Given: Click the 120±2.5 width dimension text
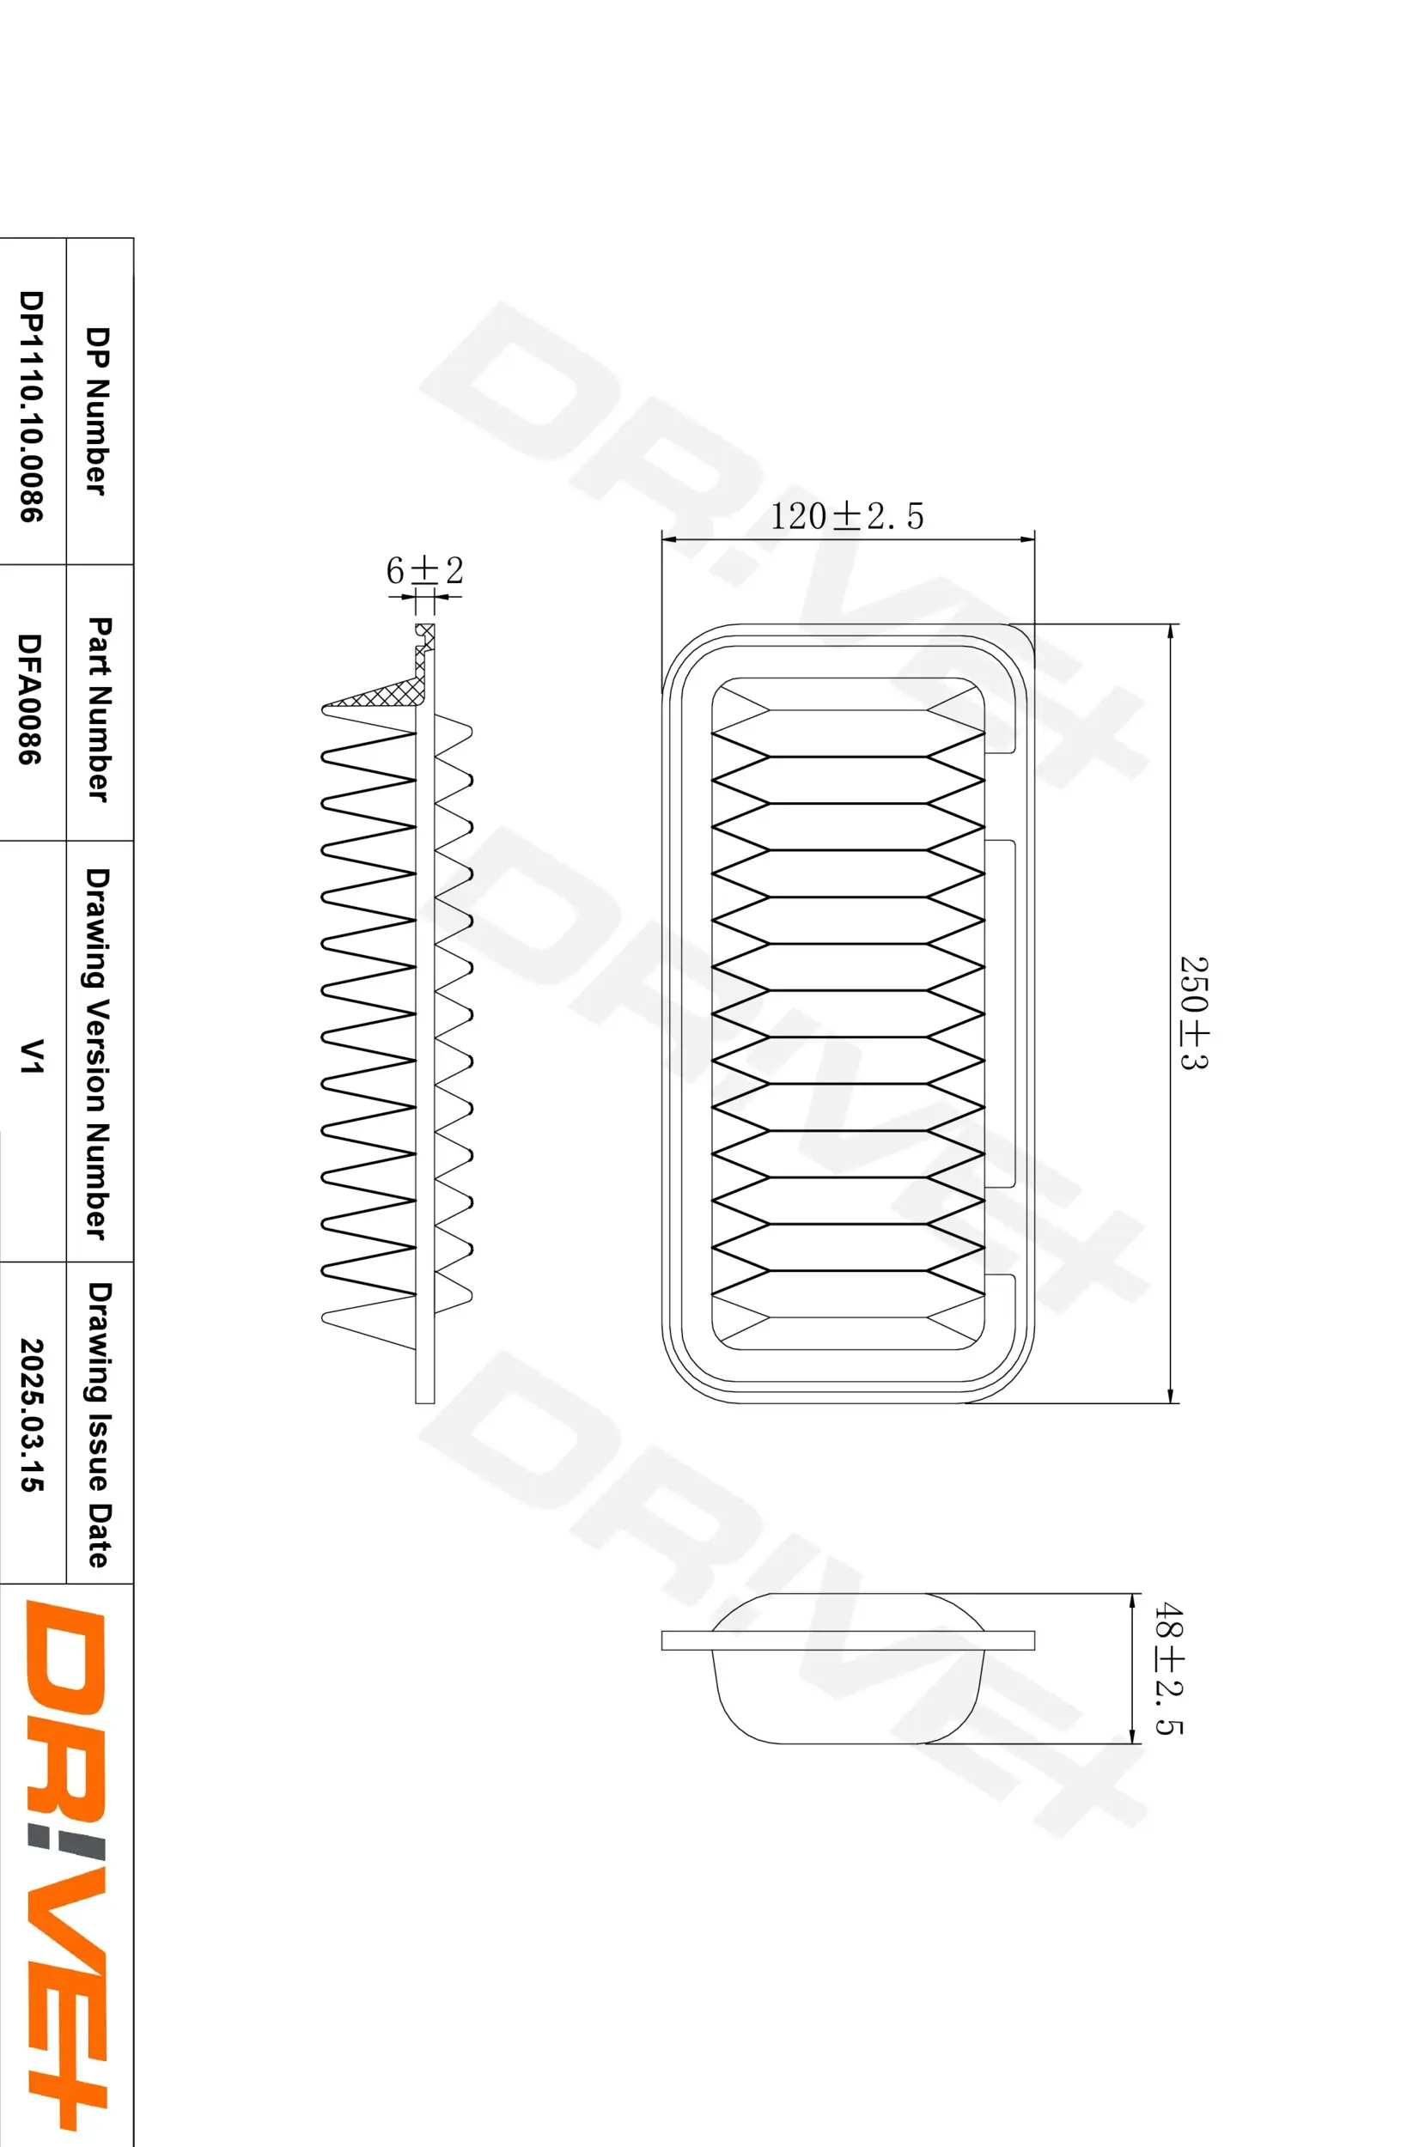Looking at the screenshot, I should (x=846, y=516).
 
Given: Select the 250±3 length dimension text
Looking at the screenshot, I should (x=1193, y=1013).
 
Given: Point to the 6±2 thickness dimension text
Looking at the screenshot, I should (x=424, y=570).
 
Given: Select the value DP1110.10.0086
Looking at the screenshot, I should (x=31, y=406).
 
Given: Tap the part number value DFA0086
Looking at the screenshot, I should (x=31, y=699).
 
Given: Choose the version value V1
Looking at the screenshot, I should (x=31, y=1055).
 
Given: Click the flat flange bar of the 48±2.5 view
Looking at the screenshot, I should (x=848, y=1640).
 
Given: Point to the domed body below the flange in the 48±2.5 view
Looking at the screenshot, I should (x=848, y=1696).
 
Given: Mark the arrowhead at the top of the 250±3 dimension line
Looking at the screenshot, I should (x=1170, y=631).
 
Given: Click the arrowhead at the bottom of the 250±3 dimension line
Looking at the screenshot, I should (x=1170, y=1396).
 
